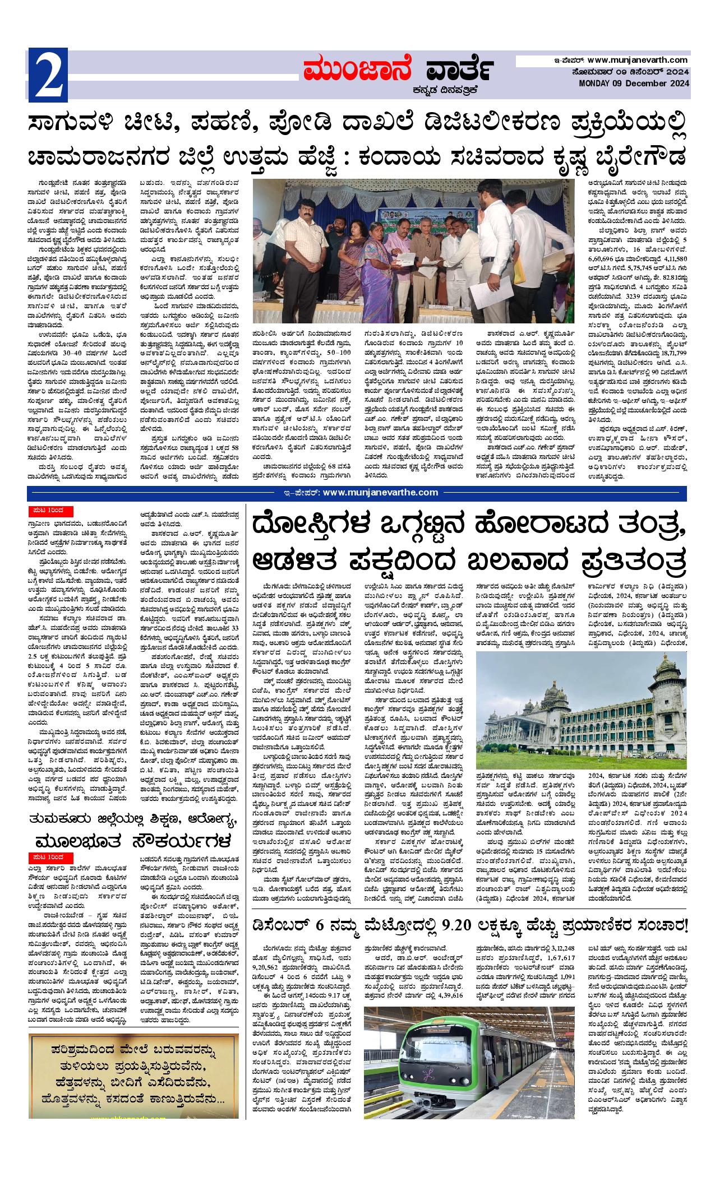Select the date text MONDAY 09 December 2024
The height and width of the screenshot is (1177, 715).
point(634,84)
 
